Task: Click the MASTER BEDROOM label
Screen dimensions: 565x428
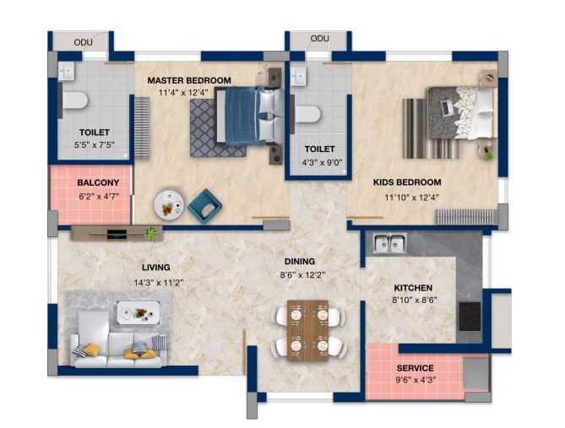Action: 189,80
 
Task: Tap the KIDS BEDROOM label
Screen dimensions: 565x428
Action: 407,182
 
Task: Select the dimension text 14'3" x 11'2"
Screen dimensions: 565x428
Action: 159,283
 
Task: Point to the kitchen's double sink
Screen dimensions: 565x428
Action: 390,243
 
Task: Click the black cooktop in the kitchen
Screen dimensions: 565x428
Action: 470,317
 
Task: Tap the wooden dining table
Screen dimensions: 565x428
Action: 307,330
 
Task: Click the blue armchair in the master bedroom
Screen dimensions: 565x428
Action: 204,206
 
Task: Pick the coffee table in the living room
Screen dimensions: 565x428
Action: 139,312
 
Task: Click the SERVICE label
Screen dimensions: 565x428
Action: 416,368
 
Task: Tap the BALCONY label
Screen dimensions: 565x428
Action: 98,182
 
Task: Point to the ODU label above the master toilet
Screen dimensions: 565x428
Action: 84,42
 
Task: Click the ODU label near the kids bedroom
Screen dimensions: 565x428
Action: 319,39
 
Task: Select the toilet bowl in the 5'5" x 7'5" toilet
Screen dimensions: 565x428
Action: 75,100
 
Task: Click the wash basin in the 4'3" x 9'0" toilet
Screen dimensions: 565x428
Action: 298,76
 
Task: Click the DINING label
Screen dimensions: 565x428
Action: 300,261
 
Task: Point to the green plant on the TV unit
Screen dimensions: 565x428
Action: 152,233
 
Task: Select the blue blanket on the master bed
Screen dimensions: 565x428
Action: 242,116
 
